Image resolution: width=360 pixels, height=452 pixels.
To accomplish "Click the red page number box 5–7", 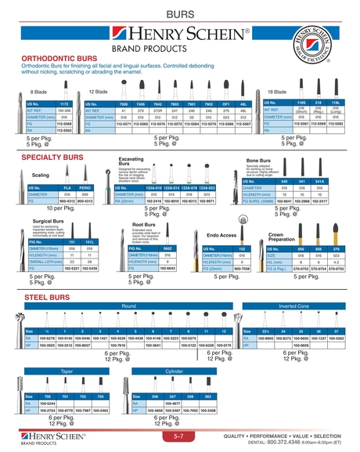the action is coord(178,436).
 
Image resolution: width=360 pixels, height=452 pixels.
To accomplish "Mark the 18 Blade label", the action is coord(299,91).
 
